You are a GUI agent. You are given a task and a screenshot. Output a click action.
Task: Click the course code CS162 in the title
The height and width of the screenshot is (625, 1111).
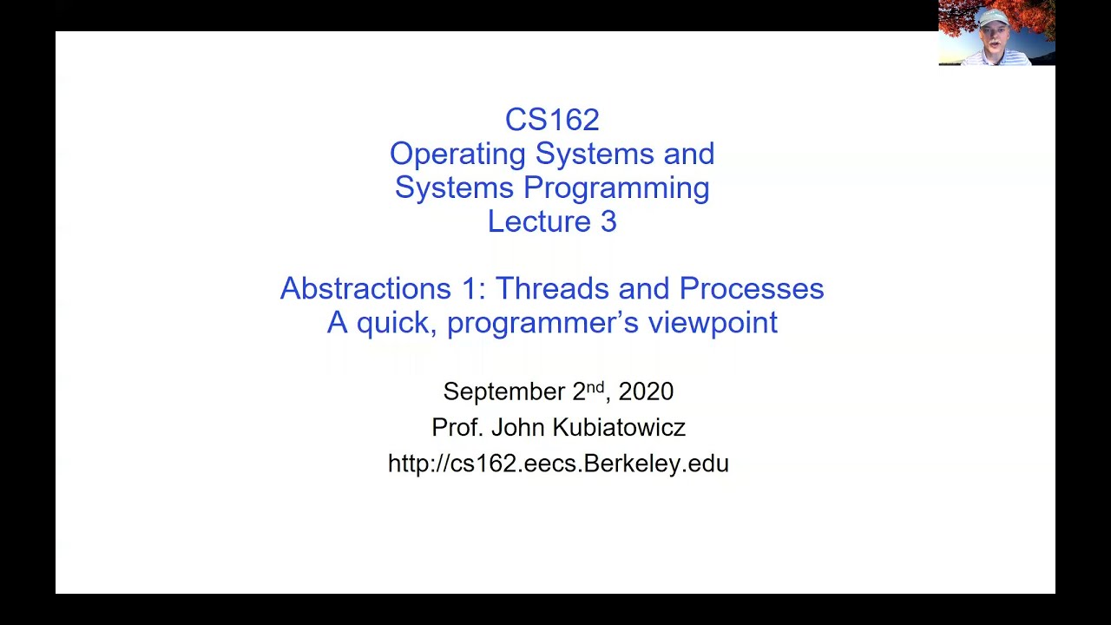pos(552,120)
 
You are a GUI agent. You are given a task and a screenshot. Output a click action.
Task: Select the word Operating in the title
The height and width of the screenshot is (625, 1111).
pos(458,155)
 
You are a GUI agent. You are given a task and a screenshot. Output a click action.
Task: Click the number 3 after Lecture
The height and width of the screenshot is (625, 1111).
pos(608,221)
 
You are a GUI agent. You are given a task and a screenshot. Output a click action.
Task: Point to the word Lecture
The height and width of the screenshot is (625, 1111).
pos(539,221)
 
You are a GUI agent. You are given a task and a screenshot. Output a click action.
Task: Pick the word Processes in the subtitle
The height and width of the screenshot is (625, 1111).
pos(752,288)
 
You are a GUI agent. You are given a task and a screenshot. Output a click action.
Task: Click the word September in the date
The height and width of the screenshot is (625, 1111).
pos(504,391)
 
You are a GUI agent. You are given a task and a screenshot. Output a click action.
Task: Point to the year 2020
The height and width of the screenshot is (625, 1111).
pos(646,391)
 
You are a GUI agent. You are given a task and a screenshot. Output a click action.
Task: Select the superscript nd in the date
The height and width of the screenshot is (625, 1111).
pos(595,386)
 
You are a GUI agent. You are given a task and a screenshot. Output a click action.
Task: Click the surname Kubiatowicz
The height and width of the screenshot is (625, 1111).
pos(620,427)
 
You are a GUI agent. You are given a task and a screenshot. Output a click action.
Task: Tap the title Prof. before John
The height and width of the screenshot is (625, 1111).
pos(457,427)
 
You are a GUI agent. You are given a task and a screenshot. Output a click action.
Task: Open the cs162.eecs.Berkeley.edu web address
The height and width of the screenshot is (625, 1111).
pos(558,464)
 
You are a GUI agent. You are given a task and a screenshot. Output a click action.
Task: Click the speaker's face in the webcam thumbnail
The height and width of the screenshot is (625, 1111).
pos(993,35)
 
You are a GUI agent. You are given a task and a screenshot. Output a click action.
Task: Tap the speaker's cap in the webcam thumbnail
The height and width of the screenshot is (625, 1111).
pos(993,16)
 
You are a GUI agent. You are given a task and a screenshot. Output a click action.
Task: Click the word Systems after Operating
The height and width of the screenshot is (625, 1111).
pos(595,155)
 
